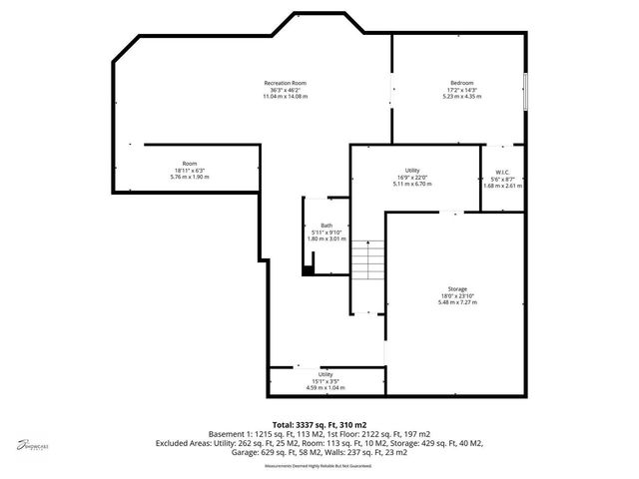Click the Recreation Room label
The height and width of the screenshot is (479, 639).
pos(285,82)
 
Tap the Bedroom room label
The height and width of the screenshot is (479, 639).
pos(461,82)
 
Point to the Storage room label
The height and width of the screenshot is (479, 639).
pos(457,288)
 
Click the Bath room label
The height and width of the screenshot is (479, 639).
pos(326,226)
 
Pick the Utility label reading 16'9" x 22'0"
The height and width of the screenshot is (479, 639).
pos(411,171)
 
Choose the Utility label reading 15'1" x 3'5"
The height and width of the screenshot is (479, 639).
pos(325,374)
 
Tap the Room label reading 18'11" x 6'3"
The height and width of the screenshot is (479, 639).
pos(190,163)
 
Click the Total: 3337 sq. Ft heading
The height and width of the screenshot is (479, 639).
pos(319,425)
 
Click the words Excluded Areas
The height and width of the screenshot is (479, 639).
pos(183,444)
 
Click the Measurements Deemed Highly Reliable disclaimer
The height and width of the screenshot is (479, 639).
pos(319,465)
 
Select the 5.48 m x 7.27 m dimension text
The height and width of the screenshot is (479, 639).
pos(457,302)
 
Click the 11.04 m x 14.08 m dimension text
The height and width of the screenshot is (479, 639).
pos(285,96)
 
